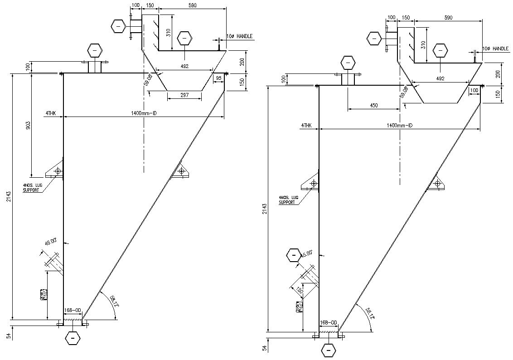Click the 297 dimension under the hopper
[184, 95]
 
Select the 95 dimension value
[219, 78]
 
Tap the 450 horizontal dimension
[373, 105]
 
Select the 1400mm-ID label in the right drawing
[400, 125]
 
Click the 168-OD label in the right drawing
[329, 323]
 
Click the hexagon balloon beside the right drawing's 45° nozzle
[294, 256]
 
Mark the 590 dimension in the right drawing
[449, 17]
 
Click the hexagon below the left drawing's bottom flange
[73, 338]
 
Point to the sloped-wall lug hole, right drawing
[437, 183]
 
